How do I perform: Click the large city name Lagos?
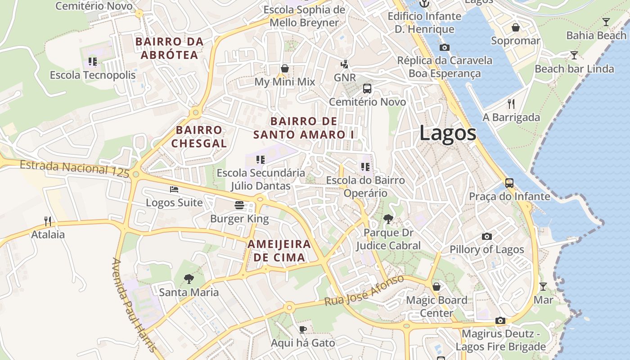pos(447,133)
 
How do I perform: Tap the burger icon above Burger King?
pos(239,206)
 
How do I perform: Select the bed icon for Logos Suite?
pos(174,189)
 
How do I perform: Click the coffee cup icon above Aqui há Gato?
pos(303,329)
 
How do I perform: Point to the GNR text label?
pos(345,77)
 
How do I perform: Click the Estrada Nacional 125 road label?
pos(74,168)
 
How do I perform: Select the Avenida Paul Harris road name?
pos(134,306)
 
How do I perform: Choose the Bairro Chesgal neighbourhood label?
pos(199,137)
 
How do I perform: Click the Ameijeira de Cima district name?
pos(279,251)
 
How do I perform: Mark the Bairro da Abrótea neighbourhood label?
pos(169,48)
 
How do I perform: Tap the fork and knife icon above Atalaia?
pos(48,221)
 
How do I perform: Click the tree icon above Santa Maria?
pos(189,279)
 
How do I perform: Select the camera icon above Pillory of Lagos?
pos(486,236)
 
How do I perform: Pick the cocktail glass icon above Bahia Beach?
pos(606,22)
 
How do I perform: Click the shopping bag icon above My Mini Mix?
pos(284,68)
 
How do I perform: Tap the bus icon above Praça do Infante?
pos(509,183)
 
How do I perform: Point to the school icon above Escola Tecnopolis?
pos(93,61)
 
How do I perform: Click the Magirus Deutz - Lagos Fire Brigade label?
pos(500,340)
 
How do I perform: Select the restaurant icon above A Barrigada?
pos(511,104)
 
